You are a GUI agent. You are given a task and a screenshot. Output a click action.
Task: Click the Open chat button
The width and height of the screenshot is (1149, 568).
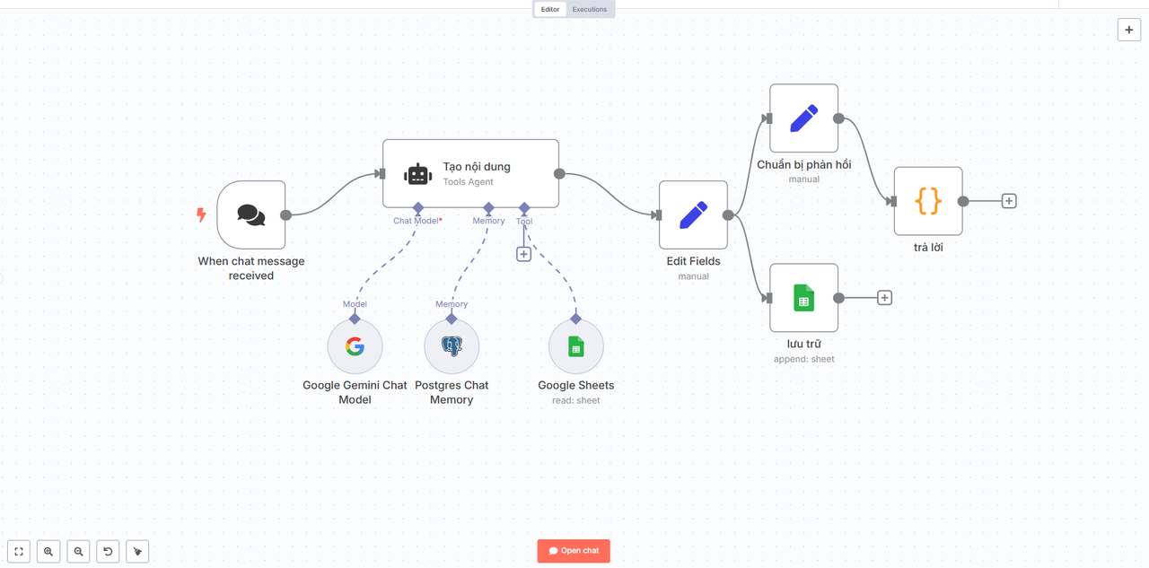(x=574, y=551)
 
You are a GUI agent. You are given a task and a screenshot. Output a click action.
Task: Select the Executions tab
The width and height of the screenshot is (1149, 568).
(x=590, y=9)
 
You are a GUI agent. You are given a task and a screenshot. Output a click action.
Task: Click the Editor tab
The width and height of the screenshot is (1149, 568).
(x=550, y=9)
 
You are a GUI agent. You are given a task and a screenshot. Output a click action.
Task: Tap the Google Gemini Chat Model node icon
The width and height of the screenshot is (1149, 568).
(x=355, y=346)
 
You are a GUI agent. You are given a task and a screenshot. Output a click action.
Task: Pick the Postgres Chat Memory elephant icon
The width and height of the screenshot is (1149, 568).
(x=452, y=346)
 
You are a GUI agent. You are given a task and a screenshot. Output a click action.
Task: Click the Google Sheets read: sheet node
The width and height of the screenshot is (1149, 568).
(x=576, y=346)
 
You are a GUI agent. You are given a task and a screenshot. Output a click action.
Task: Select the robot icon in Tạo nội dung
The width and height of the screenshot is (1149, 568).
(x=418, y=175)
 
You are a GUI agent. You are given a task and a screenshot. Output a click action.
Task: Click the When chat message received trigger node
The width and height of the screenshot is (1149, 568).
(x=251, y=214)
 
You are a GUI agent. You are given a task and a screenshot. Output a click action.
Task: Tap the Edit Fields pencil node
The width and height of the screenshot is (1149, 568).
(x=694, y=214)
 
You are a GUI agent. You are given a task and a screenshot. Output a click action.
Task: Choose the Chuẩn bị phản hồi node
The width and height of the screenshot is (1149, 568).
(x=803, y=118)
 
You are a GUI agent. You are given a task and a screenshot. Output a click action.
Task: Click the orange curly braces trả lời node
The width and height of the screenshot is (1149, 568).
(x=928, y=201)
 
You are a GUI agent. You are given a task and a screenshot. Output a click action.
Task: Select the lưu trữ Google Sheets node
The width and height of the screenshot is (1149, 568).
(x=803, y=298)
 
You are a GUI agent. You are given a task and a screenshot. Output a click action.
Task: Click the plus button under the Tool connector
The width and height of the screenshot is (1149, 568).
(x=523, y=254)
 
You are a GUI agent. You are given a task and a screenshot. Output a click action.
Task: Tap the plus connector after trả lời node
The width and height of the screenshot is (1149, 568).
(x=1009, y=201)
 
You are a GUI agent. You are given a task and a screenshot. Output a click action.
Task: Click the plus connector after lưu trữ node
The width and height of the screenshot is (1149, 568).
(x=884, y=298)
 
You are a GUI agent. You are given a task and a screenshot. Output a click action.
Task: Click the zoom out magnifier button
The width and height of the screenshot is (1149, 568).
(x=78, y=552)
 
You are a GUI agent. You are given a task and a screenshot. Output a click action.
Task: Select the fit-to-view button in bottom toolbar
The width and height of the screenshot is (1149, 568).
(x=19, y=552)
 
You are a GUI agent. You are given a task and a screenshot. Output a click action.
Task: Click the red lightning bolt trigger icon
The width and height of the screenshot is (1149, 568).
(x=201, y=214)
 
